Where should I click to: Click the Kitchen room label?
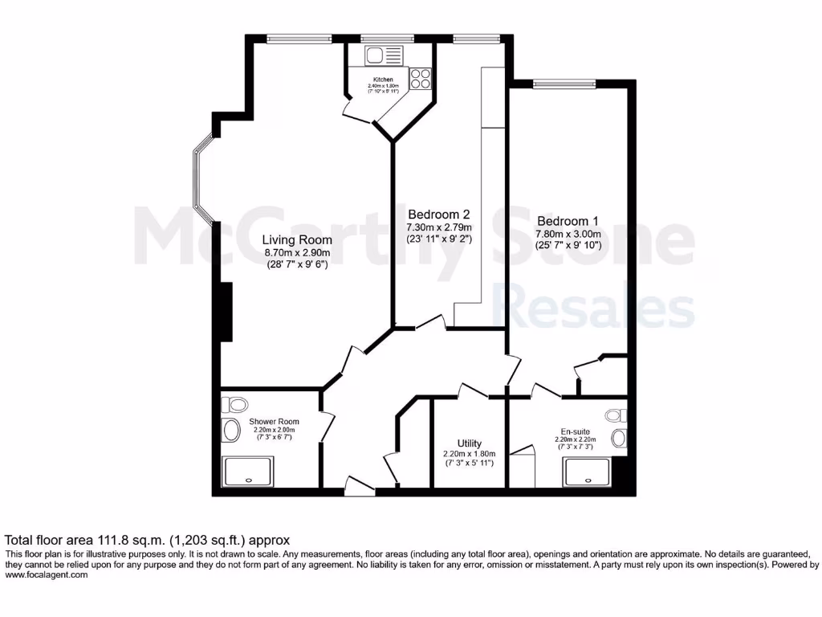(x=383, y=80)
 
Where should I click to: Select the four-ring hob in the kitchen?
(x=421, y=78)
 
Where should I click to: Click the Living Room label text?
(x=298, y=239)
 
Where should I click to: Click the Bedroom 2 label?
(x=438, y=215)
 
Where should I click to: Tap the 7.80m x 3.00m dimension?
(x=568, y=235)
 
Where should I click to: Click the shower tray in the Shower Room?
(x=247, y=472)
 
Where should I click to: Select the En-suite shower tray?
(x=592, y=472)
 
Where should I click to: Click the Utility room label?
(x=470, y=443)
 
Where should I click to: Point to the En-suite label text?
(x=574, y=431)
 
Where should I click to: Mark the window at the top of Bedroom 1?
(x=564, y=83)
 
